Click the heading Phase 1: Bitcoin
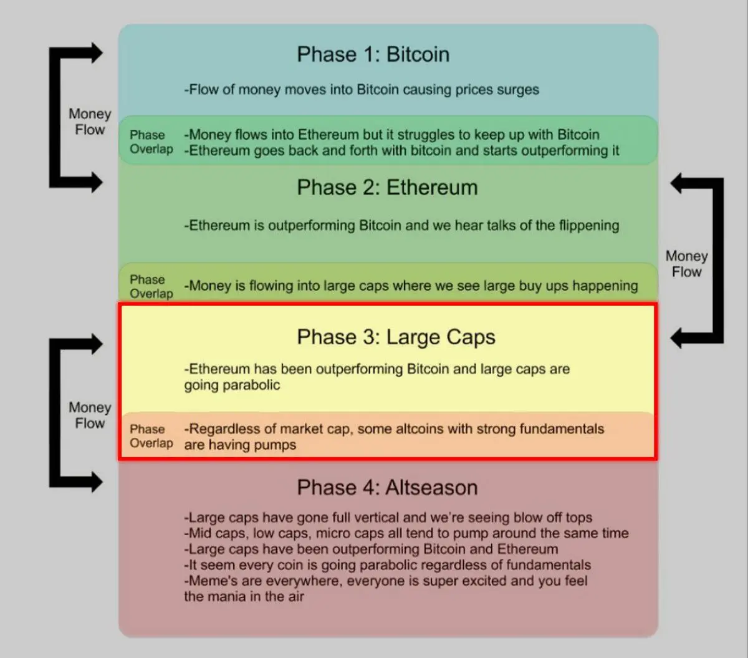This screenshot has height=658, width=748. point(373,55)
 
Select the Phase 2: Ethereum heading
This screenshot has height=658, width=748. point(387,188)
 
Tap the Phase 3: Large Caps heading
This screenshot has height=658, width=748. point(396,337)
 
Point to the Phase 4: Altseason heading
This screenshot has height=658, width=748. point(387,488)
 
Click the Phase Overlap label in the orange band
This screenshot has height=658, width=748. point(151,436)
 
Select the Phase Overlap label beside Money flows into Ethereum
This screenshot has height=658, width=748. point(151,142)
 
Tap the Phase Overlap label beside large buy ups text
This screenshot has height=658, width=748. point(151,286)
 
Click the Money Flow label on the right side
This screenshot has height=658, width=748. point(686,264)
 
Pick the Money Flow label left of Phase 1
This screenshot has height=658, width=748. point(90,122)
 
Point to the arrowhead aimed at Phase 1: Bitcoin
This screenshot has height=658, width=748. point(95,53)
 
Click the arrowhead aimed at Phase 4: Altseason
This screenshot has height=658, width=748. point(95,481)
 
